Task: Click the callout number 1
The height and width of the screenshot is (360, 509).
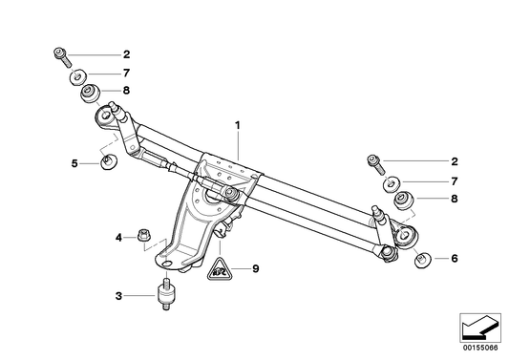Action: pyautogui.click(x=238, y=125)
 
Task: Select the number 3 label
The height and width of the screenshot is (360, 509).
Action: pyautogui.click(x=118, y=296)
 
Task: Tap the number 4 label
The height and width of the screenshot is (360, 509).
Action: pyautogui.click(x=118, y=238)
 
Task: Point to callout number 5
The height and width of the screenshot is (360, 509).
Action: pyautogui.click(x=74, y=163)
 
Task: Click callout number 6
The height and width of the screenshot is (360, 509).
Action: pyautogui.click(x=455, y=259)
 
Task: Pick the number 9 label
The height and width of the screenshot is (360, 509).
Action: pyautogui.click(x=256, y=268)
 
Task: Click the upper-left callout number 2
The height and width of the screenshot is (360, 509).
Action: pyautogui.click(x=127, y=54)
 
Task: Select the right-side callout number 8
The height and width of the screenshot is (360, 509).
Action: pyautogui.click(x=455, y=199)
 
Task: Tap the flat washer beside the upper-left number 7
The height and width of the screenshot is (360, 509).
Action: pyautogui.click(x=77, y=77)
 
